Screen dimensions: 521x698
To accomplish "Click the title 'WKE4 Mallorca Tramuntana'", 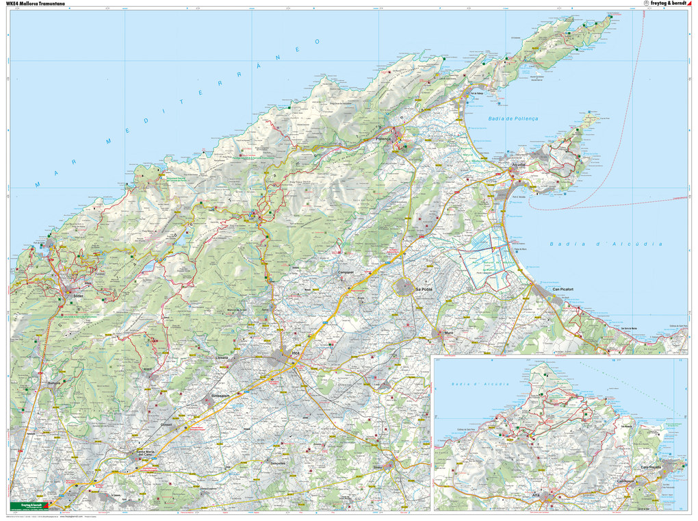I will tap(35, 3).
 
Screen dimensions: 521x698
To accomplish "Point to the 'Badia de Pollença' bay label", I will tap(513, 118).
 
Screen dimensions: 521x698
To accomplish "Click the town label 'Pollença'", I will tap(384, 138).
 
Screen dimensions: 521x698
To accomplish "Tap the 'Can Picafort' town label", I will tap(566, 289).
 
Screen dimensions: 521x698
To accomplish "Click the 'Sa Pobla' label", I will tap(415, 290).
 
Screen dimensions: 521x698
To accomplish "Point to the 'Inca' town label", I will tap(296, 353).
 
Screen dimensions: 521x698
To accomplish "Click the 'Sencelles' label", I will tap(278, 463).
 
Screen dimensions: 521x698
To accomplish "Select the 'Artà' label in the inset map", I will tap(537, 494).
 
